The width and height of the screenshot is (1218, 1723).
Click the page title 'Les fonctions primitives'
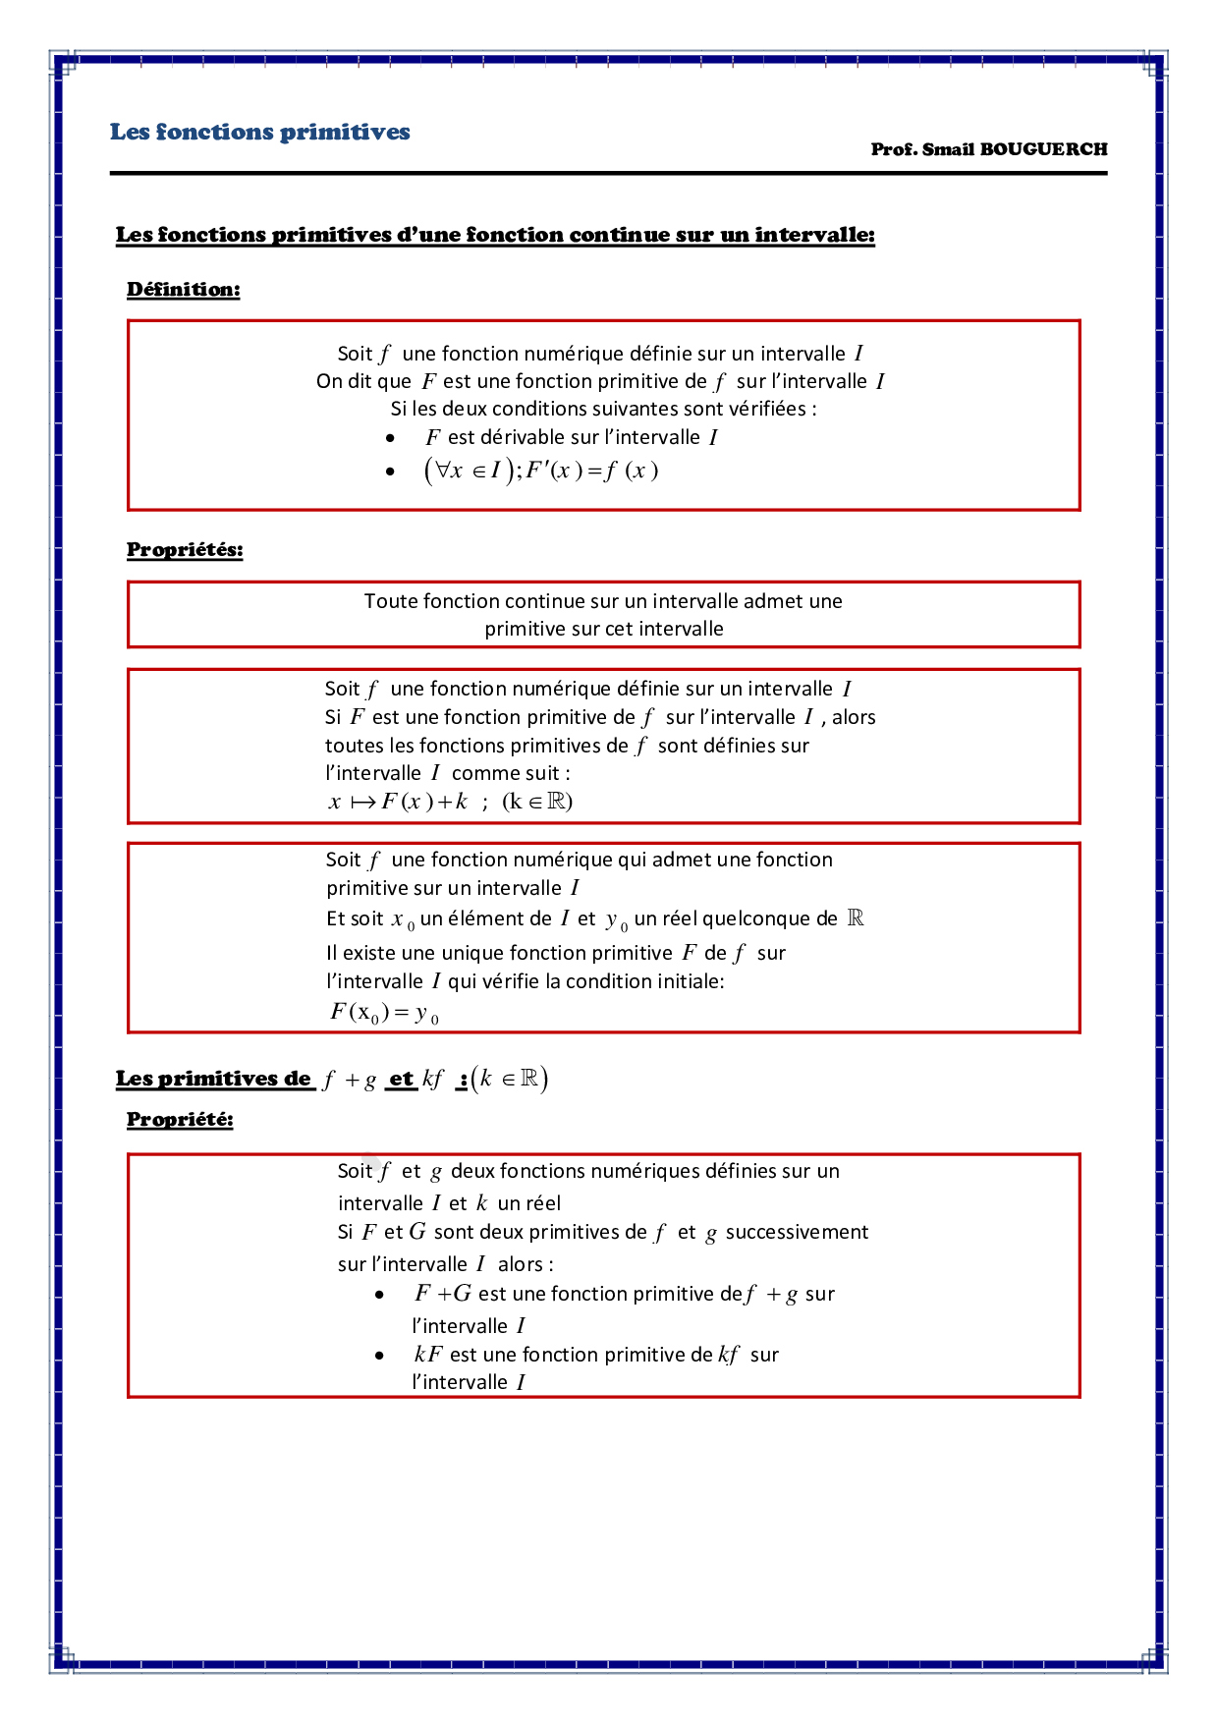point(259,132)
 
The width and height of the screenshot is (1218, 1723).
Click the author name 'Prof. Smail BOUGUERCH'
point(988,149)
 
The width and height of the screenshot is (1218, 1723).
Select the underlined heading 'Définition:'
point(183,289)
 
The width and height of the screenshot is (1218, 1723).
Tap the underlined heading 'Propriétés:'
point(185,549)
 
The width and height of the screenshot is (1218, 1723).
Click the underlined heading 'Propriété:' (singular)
point(180,1119)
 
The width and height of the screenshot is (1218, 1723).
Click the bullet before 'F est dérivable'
point(391,438)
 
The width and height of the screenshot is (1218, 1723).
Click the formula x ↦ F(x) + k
point(398,802)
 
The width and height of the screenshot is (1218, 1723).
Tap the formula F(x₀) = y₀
point(384,1012)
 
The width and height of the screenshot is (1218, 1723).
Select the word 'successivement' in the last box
point(797,1232)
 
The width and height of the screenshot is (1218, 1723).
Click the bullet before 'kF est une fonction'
point(380,1356)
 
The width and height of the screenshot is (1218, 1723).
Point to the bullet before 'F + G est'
point(380,1295)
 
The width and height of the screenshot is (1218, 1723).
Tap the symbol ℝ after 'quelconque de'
point(856,918)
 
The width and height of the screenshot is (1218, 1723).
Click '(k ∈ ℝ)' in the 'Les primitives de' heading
point(510,1079)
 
